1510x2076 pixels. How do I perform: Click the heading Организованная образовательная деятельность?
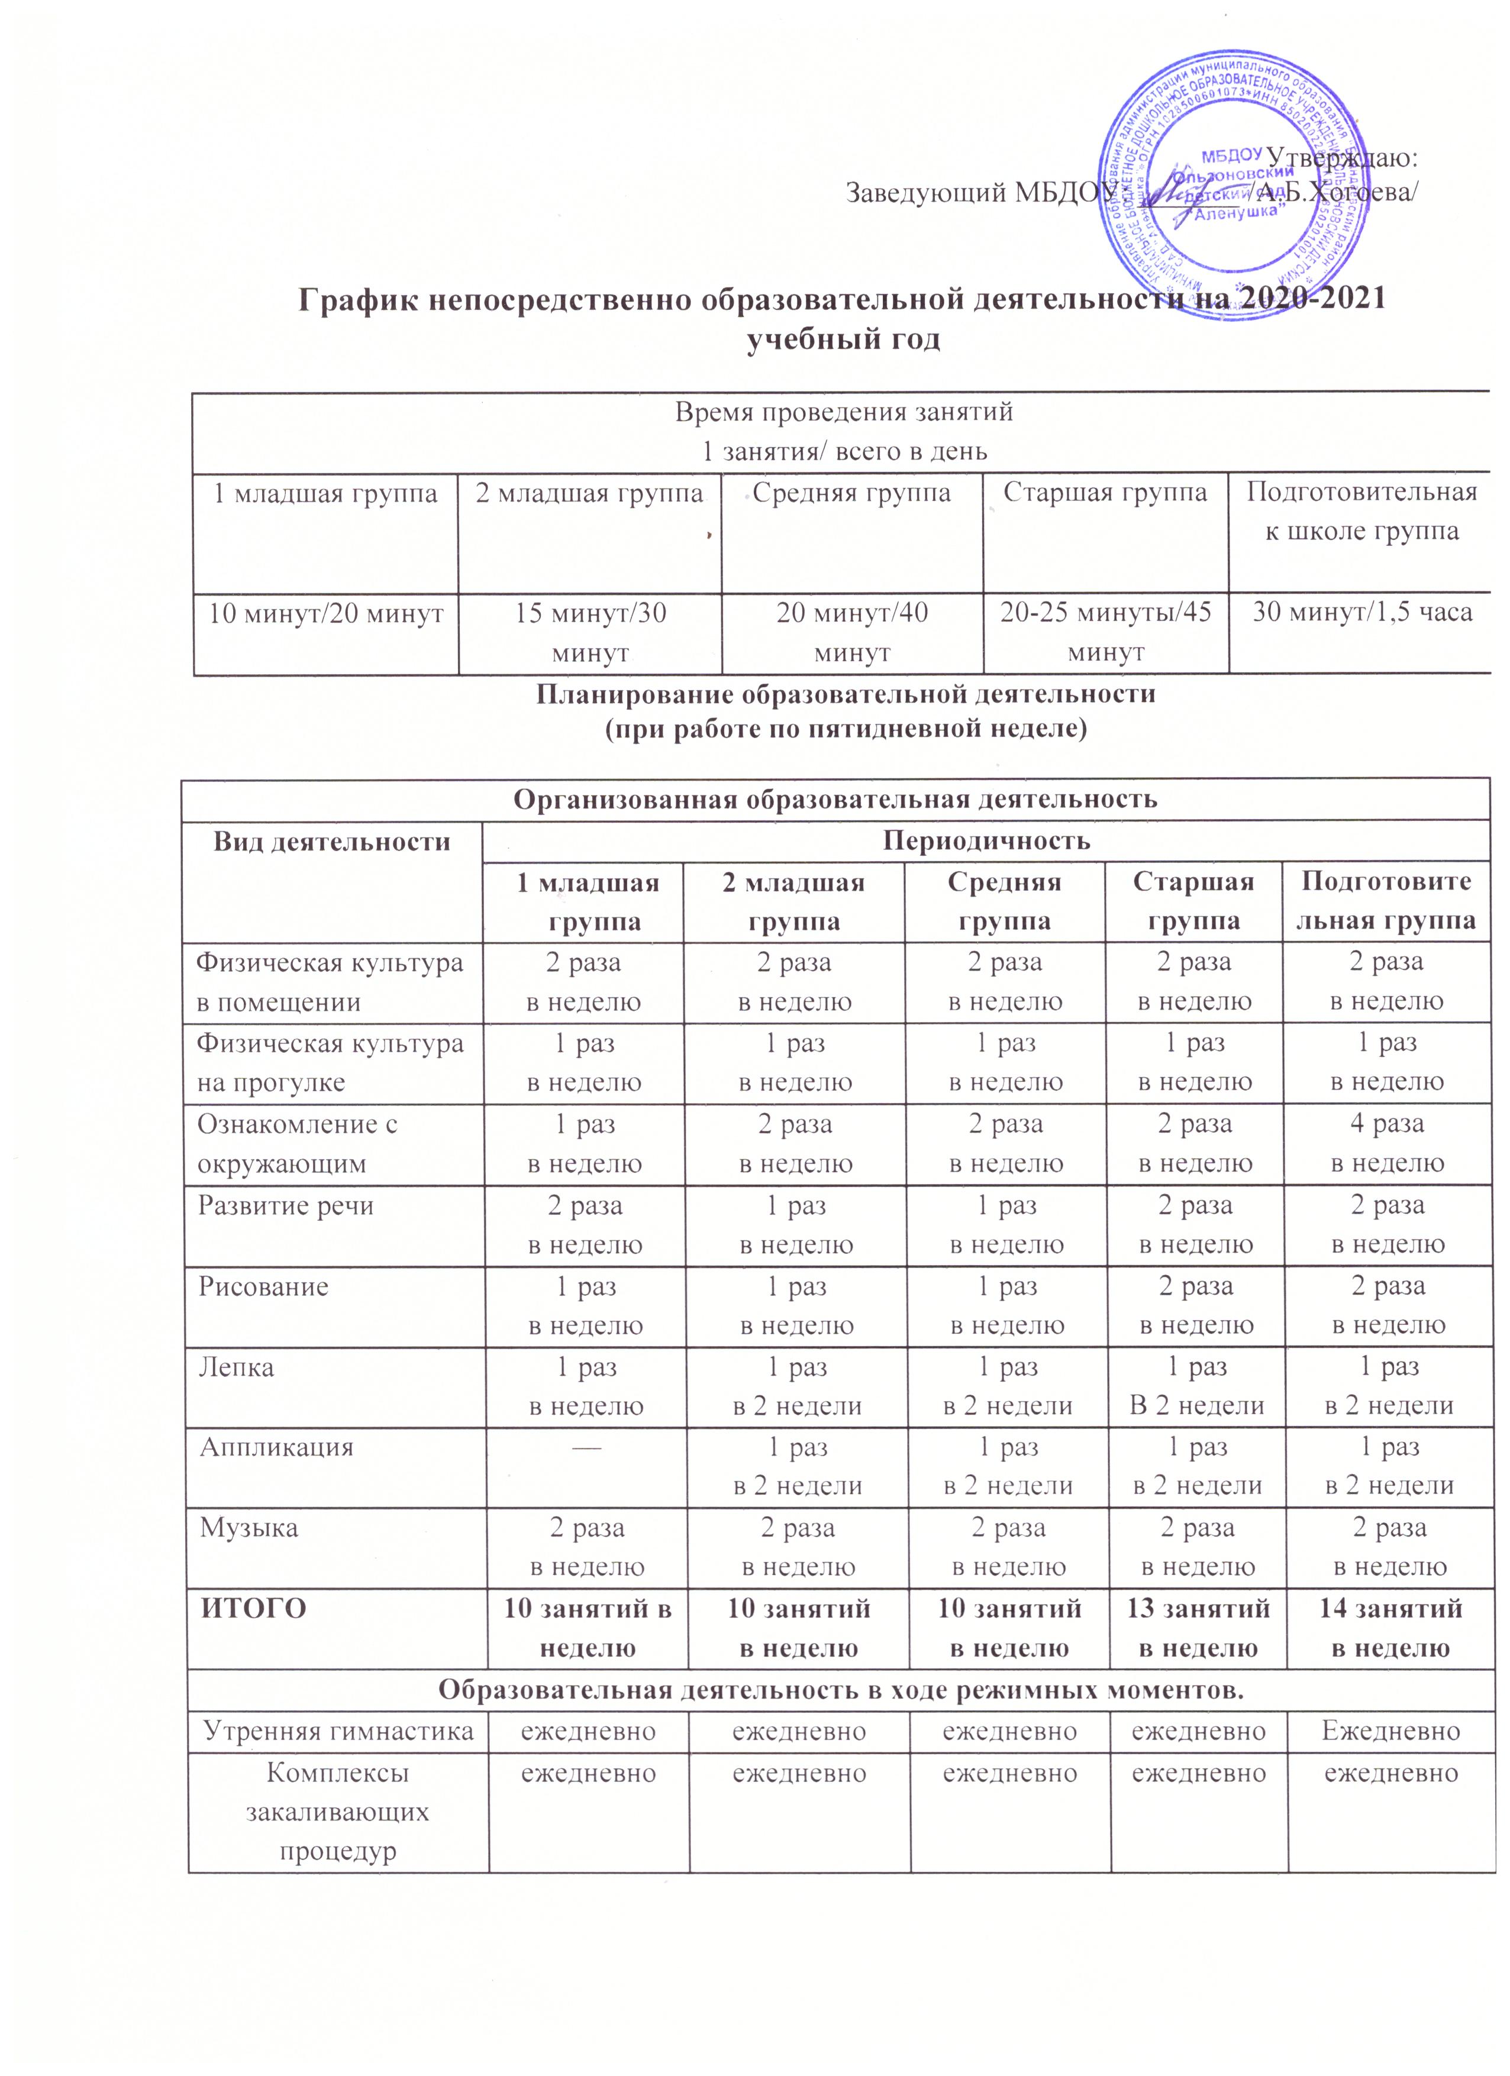(x=835, y=799)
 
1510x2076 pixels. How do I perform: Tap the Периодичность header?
(x=985, y=840)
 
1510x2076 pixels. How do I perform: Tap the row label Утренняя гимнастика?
(x=338, y=1730)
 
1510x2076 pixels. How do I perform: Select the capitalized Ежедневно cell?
(x=1391, y=1730)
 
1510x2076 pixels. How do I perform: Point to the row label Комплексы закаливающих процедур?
(x=338, y=1812)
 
